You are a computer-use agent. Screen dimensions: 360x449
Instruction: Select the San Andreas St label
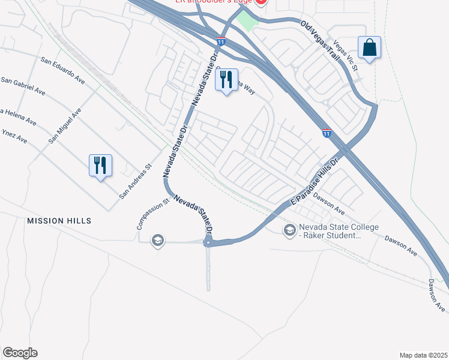tap(134, 182)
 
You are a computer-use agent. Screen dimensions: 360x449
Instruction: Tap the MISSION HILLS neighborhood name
tap(59, 221)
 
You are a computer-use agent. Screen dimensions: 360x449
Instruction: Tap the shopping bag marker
tap(369, 47)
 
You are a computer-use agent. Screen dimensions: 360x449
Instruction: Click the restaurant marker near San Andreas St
tap(100, 165)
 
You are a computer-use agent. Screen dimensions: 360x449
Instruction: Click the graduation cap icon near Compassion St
tap(157, 241)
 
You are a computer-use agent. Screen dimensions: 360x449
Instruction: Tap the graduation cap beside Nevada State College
tap(289, 230)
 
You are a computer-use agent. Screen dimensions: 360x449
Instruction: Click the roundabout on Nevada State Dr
tap(208, 242)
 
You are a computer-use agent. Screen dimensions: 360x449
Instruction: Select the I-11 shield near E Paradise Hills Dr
tap(327, 133)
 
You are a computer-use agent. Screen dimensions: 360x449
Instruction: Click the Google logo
tap(20, 353)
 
